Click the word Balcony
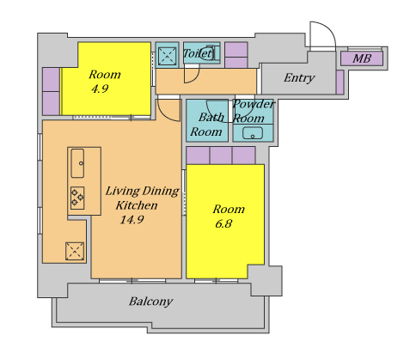coord(150,302)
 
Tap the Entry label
coord(299,78)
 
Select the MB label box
coord(362,58)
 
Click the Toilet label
coord(198,53)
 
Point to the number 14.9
coord(132,220)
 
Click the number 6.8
coord(223,223)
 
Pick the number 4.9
coord(100,88)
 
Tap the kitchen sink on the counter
coord(77,163)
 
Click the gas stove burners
coord(77,198)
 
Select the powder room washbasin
coord(253,133)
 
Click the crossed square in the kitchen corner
coord(75,252)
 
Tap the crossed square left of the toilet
coord(167,56)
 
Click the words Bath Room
coord(207,125)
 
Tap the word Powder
coord(254,104)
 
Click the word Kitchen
coord(137,205)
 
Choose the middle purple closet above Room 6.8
coord(221,156)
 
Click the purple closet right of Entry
coord(340,82)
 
